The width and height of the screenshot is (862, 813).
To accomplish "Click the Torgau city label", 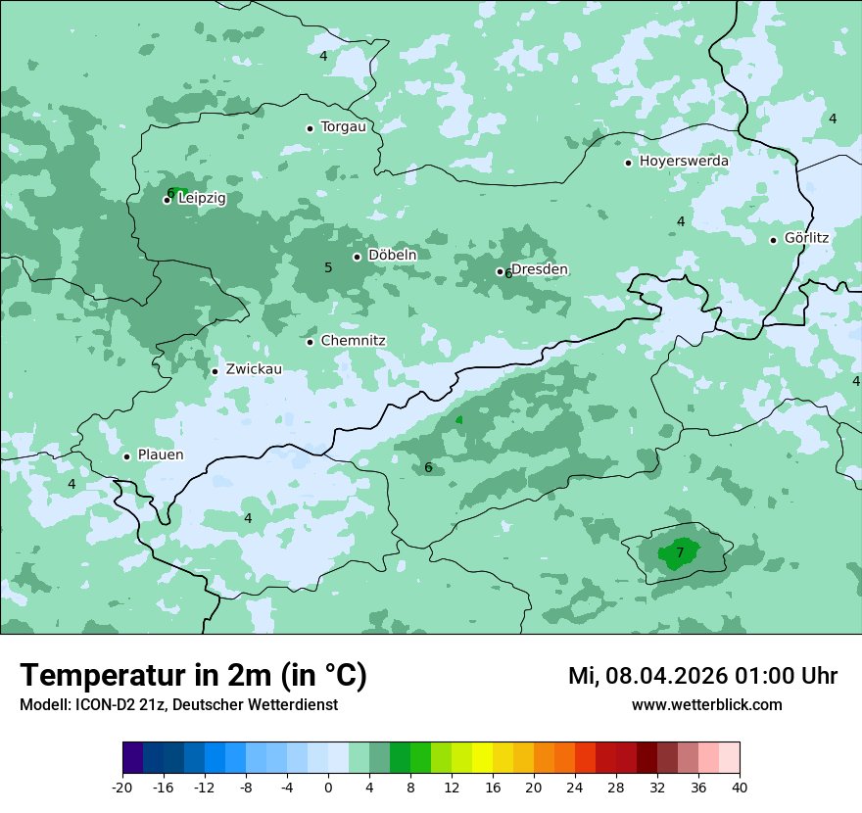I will [x=343, y=127].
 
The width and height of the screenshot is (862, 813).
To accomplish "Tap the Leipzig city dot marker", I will [x=168, y=200].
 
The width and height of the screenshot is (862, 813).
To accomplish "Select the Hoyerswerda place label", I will [x=684, y=162].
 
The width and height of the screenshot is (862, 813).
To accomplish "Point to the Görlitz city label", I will [x=806, y=238].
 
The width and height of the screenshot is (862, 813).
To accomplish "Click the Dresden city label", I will [x=539, y=270].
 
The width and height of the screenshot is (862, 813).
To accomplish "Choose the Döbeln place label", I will [x=392, y=256].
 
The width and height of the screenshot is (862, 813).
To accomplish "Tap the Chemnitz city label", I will [x=353, y=341].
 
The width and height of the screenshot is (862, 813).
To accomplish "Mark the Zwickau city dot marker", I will [x=215, y=371].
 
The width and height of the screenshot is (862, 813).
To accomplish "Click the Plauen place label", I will [x=160, y=455].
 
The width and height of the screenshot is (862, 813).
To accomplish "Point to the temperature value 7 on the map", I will [x=680, y=553].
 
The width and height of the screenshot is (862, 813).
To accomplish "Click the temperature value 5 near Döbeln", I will [x=328, y=268].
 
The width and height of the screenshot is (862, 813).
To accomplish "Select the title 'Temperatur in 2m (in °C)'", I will [x=193, y=676].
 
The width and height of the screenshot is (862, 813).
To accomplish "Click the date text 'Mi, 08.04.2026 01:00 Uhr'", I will [x=702, y=676].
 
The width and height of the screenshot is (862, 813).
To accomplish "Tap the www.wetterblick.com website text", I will [x=706, y=705].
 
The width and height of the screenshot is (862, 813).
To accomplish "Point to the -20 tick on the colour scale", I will [x=122, y=787].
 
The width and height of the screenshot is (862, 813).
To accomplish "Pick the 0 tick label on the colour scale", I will [x=328, y=787].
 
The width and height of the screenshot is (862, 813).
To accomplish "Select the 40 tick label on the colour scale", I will [x=740, y=787].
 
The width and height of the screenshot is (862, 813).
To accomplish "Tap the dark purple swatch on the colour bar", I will [x=133, y=758].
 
